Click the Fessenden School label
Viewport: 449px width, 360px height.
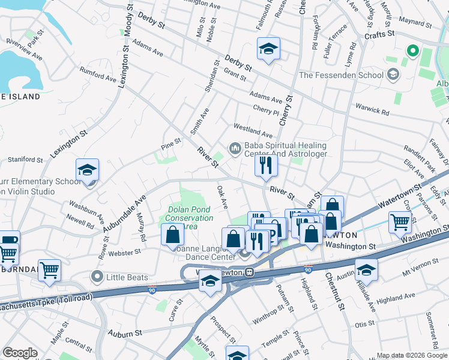coord(340,75)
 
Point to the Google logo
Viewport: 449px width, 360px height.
coord(19,353)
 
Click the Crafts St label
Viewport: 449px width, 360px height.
coord(379,35)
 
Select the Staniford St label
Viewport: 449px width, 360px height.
coord(25,160)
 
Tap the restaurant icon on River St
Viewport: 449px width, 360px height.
coord(265,164)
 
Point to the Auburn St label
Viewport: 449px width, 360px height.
coord(125,332)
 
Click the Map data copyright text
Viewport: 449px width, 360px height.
coord(412,355)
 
